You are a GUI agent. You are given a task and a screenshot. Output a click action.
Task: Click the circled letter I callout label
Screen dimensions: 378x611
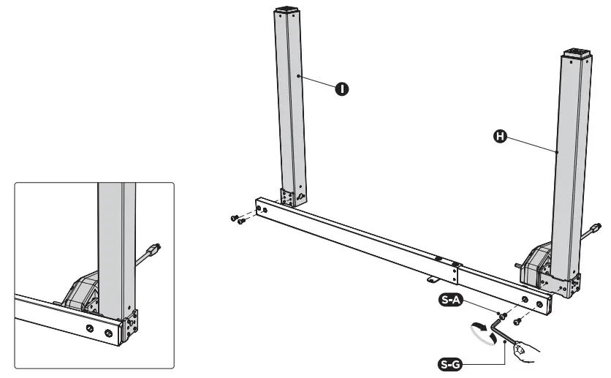(341, 88)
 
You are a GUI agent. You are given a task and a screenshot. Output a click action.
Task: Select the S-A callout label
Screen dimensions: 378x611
(449, 298)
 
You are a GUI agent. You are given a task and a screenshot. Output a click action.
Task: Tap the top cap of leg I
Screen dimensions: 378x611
(288, 13)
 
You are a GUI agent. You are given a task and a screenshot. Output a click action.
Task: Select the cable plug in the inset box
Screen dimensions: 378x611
(151, 252)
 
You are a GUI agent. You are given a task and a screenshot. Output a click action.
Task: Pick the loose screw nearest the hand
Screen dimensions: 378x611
(516, 320)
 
